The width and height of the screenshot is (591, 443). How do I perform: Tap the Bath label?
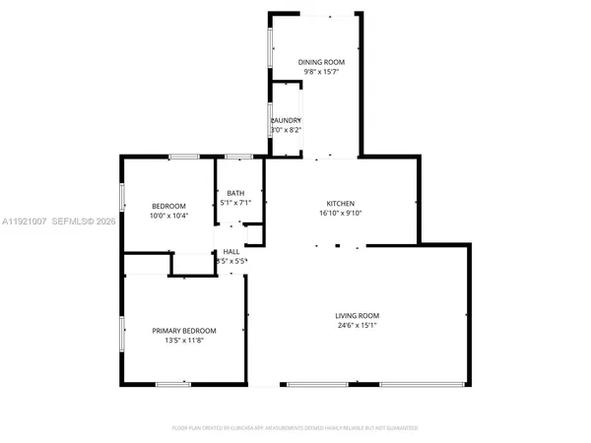(x=235, y=193)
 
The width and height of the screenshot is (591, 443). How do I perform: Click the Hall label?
(x=232, y=251)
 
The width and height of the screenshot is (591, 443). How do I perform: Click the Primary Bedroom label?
(x=184, y=331)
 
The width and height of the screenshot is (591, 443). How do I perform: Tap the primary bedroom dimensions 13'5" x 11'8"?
(x=184, y=342)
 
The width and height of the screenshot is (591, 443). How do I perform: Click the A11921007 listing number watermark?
(x=25, y=222)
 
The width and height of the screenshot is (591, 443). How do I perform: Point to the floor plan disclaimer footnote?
(x=295, y=429)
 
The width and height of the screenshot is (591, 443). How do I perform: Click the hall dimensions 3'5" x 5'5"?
(x=233, y=261)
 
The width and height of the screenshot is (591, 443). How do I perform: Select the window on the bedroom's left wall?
(x=122, y=195)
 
